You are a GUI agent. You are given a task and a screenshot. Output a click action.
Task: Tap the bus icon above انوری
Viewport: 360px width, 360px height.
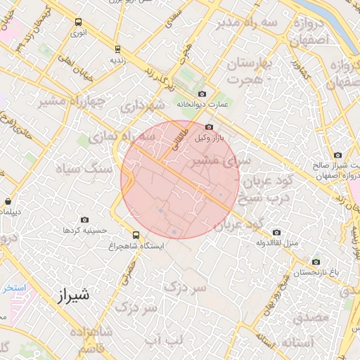(77, 22)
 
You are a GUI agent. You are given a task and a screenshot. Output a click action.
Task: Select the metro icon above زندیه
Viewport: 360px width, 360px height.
(117, 49)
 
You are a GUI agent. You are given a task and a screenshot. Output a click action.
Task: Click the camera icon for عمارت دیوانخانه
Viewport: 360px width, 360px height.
(202, 94)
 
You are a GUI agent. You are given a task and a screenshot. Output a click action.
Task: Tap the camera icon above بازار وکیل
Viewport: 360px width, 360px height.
(209, 127)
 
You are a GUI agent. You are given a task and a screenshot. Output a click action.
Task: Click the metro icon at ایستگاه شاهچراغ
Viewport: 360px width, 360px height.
(135, 236)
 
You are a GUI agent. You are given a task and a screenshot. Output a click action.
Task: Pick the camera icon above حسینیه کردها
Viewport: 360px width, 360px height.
(85, 219)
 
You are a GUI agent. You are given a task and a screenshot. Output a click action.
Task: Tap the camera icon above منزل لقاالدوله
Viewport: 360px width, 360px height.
(276, 232)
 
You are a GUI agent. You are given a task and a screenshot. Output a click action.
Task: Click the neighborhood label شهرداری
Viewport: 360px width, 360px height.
(141, 106)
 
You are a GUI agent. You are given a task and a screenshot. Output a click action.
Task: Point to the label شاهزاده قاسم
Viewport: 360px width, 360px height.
(96, 339)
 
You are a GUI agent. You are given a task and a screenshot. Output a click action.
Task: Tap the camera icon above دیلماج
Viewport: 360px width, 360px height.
(8, 200)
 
